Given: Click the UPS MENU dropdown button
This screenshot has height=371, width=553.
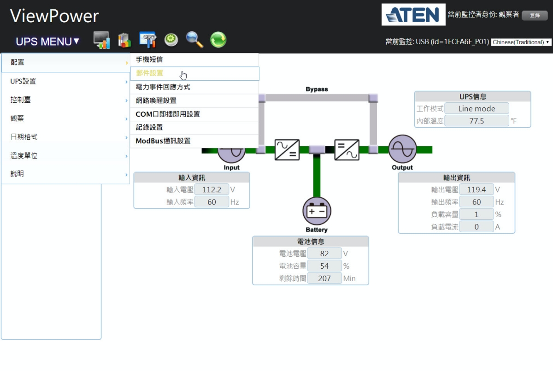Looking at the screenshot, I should (x=47, y=41).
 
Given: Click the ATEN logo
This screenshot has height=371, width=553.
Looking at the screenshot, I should (x=413, y=15).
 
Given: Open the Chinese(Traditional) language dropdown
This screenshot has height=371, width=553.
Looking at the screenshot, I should (x=521, y=42).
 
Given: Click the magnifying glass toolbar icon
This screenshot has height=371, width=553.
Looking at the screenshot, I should (x=194, y=40).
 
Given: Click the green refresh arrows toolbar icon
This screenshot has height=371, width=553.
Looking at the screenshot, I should (x=218, y=40).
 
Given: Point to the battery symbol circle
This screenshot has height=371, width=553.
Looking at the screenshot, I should (x=317, y=212).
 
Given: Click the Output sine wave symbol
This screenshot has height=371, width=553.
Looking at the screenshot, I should (x=402, y=149).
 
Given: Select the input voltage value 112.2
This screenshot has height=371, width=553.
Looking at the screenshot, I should (x=212, y=189).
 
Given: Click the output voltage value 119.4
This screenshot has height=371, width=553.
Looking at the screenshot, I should (x=477, y=189).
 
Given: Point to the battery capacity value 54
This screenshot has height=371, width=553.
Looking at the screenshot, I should (x=324, y=266).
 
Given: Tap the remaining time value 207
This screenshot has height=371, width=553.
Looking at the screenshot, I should (x=324, y=278).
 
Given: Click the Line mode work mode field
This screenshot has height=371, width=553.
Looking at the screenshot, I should (x=477, y=109).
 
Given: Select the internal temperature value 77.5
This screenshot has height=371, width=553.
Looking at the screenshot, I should (x=477, y=121).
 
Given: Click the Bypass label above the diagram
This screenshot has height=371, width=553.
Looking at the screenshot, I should (x=317, y=89).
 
